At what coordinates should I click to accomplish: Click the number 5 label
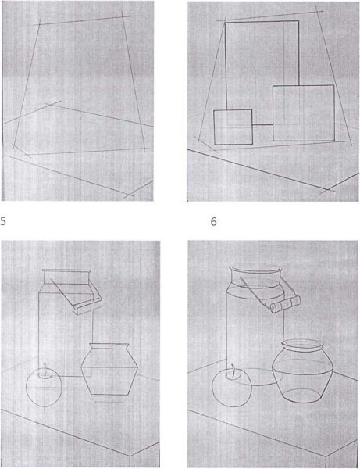[x=3, y=221]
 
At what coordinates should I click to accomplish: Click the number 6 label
[x=213, y=222]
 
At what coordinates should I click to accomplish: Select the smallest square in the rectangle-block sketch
[x=233, y=127]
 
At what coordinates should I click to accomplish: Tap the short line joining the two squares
[x=262, y=124]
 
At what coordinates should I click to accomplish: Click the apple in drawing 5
[x=44, y=387]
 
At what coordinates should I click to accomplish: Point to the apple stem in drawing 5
[x=45, y=367]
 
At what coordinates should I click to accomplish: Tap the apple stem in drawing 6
[x=233, y=370]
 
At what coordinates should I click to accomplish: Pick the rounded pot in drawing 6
[x=302, y=371]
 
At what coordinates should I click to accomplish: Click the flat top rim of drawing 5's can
[x=66, y=271]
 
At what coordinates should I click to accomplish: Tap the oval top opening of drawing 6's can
[x=255, y=269]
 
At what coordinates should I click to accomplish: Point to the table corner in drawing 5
[x=130, y=456]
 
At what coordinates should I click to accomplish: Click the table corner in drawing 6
[x=325, y=456]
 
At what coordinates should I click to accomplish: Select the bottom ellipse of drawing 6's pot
[x=302, y=395]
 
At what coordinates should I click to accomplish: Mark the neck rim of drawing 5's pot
[x=109, y=345]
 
